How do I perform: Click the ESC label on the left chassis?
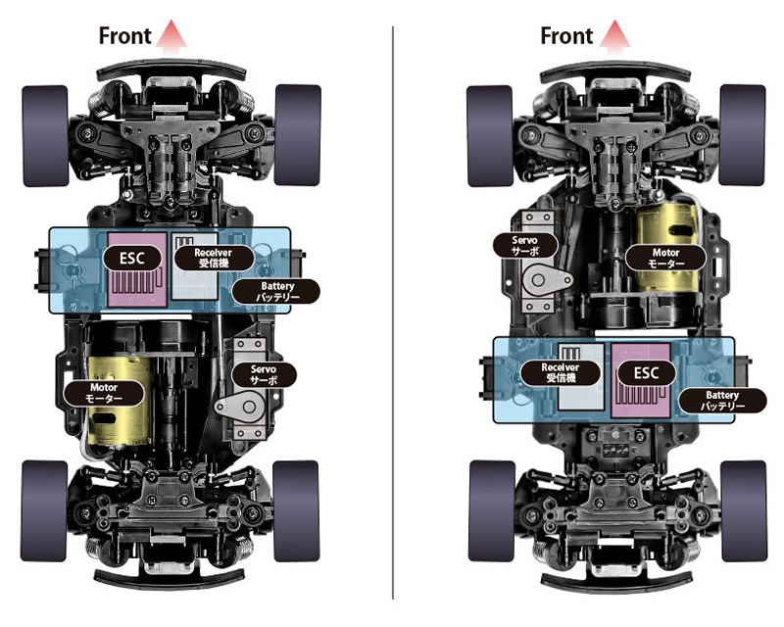click(x=132, y=259)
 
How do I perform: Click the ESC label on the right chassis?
click(x=647, y=373)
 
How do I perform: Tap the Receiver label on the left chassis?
click(x=214, y=258)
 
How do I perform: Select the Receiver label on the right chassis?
click(x=561, y=372)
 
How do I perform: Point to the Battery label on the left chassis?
click(x=277, y=292)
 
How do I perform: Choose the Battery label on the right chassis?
click(x=722, y=401)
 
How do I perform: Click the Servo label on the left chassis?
click(x=264, y=374)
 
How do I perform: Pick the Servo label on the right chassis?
click(x=525, y=245)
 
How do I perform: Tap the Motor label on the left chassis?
click(x=104, y=393)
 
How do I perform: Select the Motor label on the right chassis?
click(x=665, y=258)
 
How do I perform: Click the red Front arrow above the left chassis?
click(x=171, y=35)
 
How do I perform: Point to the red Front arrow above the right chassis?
click(x=614, y=35)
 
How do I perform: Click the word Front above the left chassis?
click(x=124, y=36)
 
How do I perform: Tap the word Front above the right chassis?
click(x=566, y=36)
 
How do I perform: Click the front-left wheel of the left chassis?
click(x=45, y=136)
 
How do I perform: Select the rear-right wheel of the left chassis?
click(x=297, y=511)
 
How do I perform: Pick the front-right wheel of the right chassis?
click(x=743, y=135)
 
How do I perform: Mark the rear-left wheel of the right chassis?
click(x=492, y=511)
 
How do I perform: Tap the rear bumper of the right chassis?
click(x=615, y=583)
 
